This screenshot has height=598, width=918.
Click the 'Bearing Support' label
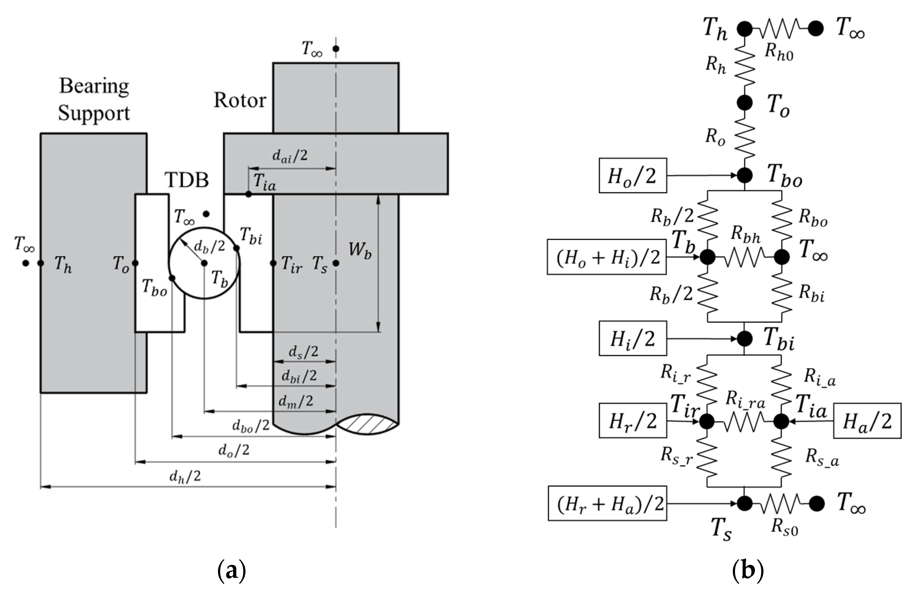point(94,99)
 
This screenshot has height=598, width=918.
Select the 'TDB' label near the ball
point(187,180)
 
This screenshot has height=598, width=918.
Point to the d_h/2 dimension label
point(185,477)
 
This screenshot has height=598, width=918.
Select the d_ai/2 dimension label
point(290,156)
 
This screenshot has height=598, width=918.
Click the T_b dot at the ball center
point(204,263)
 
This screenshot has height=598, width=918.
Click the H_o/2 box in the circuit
point(633,176)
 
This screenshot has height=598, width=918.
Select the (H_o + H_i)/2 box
point(606,257)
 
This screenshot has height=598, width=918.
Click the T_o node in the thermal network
point(744,103)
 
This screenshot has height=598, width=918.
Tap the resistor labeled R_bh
point(744,257)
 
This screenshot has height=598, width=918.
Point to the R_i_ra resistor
point(744,422)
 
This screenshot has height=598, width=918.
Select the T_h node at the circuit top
point(744,28)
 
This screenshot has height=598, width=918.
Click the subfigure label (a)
point(232,571)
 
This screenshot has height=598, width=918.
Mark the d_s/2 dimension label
point(304,352)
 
